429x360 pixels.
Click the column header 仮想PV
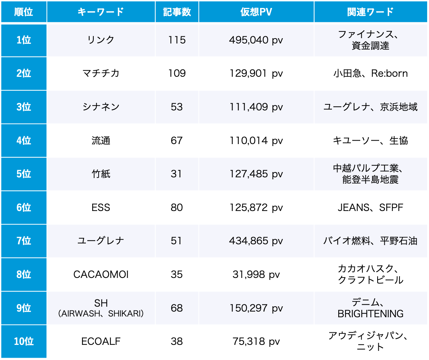pos(256,12)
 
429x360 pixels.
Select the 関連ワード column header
pos(370,12)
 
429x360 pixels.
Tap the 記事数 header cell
pos(177,12)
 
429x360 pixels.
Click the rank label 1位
pos(24,40)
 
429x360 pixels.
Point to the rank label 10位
pos(24,341)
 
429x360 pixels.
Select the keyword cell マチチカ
pos(101,73)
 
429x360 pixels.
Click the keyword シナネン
pos(101,107)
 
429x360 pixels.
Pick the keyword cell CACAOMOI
pos(101,274)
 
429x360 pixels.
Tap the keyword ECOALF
pos(101,341)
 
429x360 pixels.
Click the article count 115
pos(177,40)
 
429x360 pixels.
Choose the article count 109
pos(177,73)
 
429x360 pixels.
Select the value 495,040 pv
pos(256,40)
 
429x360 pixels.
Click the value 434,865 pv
pos(256,241)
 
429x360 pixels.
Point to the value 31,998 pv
pos(256,274)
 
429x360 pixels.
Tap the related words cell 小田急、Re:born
pos(370,73)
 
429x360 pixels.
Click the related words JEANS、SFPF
pos(370,207)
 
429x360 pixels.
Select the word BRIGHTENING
pos(370,313)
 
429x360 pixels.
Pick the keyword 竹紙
pos(101,174)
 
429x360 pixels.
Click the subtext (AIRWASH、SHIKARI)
pos(101,313)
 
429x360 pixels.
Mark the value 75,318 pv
pos(256,341)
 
